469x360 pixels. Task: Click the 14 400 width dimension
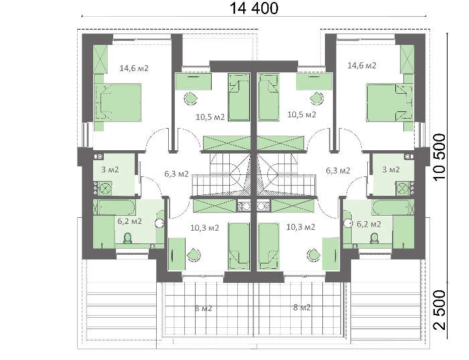click(x=254, y=8)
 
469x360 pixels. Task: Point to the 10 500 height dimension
click(x=440, y=157)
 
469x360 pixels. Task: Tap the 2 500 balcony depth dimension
click(x=440, y=310)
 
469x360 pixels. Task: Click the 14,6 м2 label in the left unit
click(x=134, y=68)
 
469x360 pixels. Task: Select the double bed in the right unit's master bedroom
click(x=389, y=103)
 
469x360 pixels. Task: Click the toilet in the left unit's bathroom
click(x=128, y=238)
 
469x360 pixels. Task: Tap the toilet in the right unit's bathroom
click(x=374, y=238)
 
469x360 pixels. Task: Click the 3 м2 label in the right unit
click(x=391, y=170)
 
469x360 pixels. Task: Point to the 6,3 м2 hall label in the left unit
click(x=176, y=174)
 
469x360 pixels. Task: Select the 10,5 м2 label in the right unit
click(x=301, y=115)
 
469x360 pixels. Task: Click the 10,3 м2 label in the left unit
click(x=204, y=228)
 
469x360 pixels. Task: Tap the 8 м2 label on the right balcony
click(x=301, y=307)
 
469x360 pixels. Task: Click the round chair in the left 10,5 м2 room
click(x=191, y=98)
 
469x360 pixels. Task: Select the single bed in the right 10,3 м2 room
click(x=269, y=246)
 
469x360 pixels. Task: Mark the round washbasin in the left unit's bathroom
click(x=159, y=223)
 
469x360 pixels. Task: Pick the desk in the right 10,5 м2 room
click(x=314, y=81)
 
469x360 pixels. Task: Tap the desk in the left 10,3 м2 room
click(x=177, y=254)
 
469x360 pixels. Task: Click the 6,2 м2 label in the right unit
click(x=368, y=224)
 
